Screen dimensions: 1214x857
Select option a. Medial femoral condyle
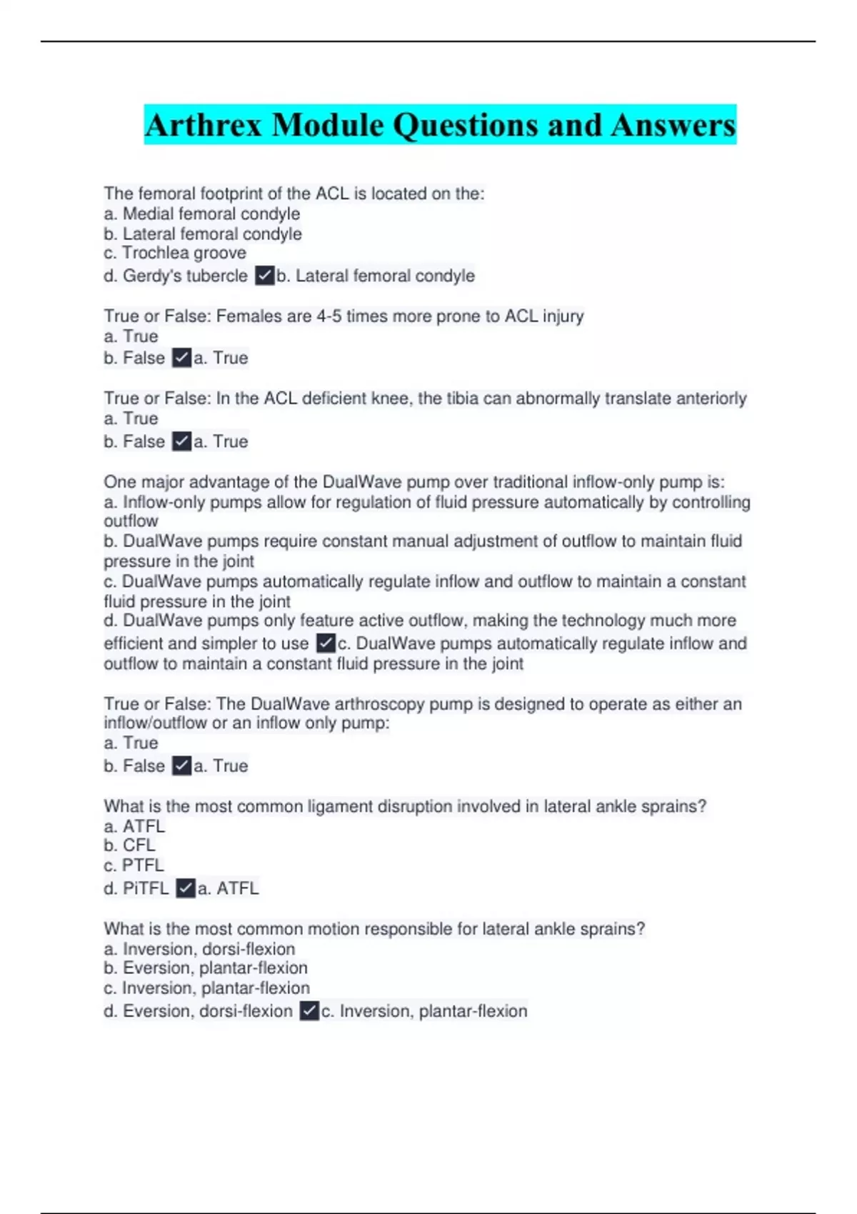tap(201, 214)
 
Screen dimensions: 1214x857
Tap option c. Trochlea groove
tap(175, 253)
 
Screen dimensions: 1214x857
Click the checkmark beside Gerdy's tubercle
tap(264, 276)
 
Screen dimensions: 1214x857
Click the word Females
tap(246, 316)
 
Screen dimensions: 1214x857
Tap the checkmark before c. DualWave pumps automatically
tap(325, 643)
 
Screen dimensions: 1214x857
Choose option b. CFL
tap(129, 846)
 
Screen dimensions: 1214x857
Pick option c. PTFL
tap(134, 866)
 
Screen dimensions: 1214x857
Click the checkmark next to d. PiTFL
tap(185, 888)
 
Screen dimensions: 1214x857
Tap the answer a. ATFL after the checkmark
tap(228, 888)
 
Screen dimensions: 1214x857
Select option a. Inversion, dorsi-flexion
tap(199, 949)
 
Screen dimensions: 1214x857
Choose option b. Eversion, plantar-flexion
tap(206, 968)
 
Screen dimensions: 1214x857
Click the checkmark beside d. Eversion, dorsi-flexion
tap(309, 1011)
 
